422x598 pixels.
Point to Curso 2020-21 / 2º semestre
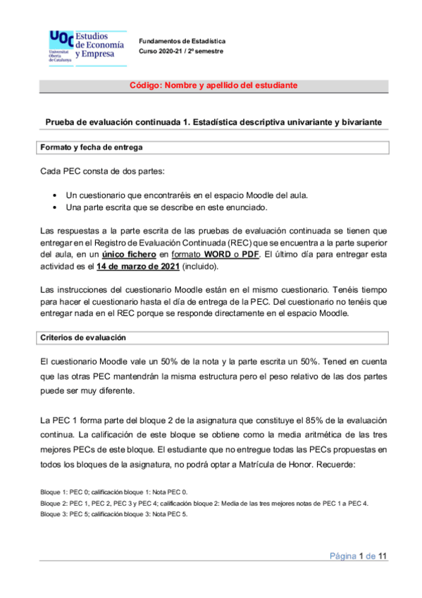(x=180, y=51)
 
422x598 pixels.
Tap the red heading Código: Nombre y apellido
(x=213, y=85)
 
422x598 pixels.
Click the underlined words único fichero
(x=129, y=253)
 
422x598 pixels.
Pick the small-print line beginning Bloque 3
(x=115, y=514)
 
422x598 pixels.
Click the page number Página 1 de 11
(x=359, y=557)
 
